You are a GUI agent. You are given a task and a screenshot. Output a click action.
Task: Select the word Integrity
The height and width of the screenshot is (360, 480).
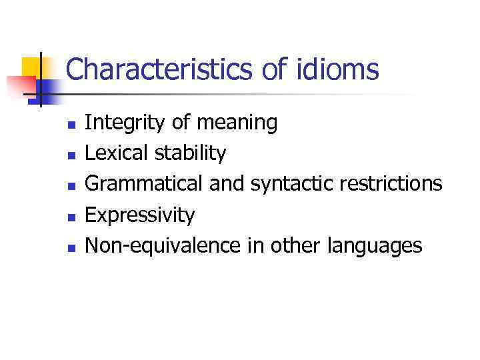click(x=126, y=123)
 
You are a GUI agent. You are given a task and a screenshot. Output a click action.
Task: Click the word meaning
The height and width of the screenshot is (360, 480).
click(x=238, y=123)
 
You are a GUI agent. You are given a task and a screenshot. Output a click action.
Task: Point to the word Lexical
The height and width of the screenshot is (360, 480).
click(x=118, y=153)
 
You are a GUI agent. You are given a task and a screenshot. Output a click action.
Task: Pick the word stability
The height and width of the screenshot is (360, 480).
click(x=191, y=153)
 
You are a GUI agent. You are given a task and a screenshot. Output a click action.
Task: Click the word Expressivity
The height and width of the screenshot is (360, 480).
click(x=140, y=215)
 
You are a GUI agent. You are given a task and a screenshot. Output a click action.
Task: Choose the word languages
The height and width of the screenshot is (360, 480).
click(x=375, y=245)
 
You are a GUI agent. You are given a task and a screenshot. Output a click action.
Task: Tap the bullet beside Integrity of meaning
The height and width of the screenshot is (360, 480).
click(x=73, y=124)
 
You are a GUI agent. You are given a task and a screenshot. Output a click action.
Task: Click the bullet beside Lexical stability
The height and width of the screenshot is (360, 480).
click(x=73, y=155)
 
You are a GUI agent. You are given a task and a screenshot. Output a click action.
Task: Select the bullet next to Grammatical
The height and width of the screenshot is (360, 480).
click(x=73, y=185)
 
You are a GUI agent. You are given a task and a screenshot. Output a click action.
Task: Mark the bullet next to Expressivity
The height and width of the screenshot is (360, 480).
click(x=73, y=216)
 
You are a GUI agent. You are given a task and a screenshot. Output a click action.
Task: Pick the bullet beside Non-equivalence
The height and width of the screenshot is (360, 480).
click(x=73, y=247)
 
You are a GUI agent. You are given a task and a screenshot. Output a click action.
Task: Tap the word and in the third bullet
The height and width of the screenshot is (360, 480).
click(x=228, y=184)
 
